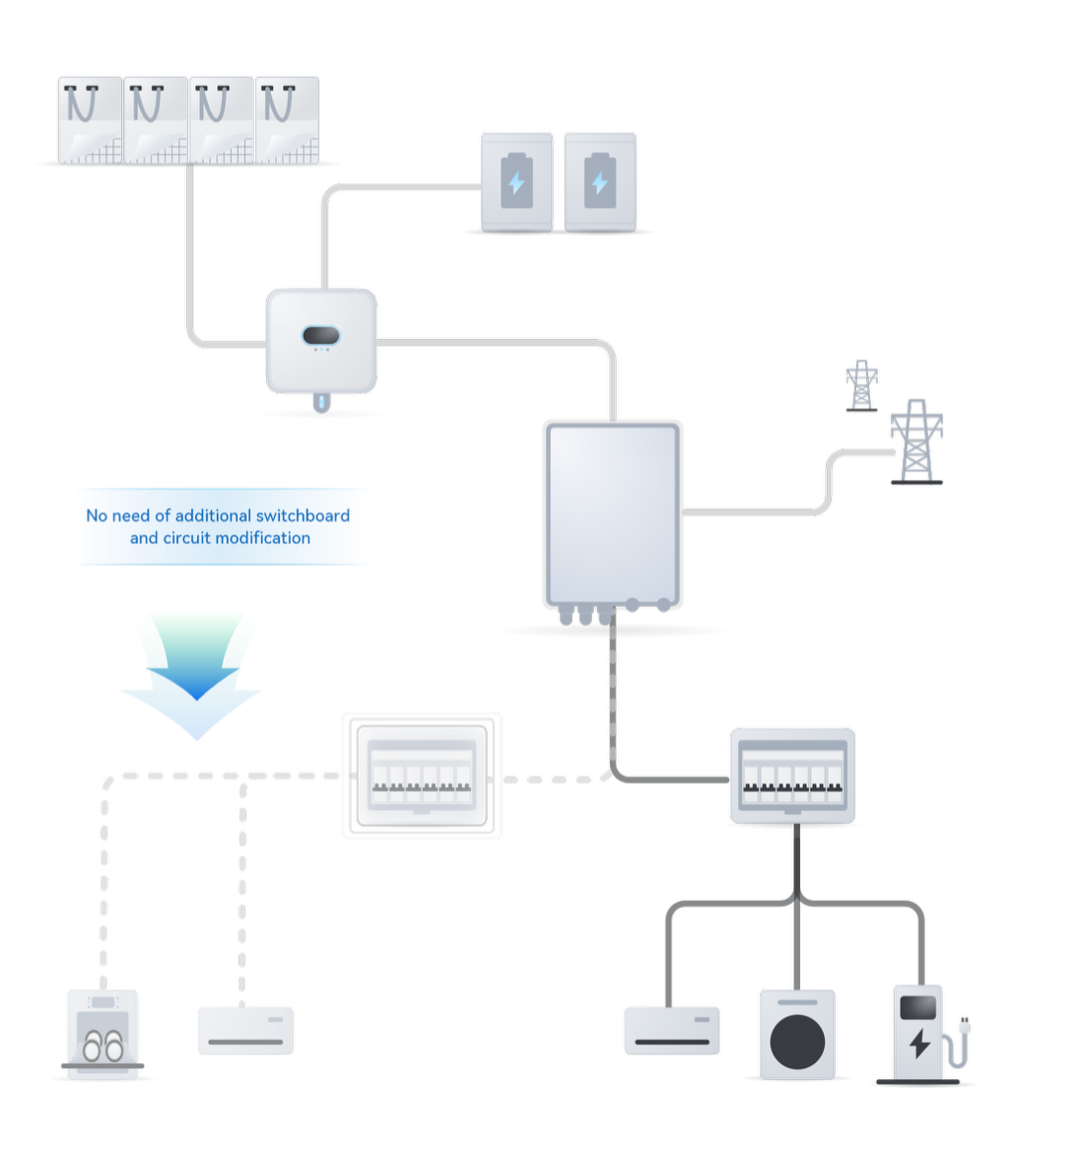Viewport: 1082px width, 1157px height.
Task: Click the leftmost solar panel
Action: tap(90, 120)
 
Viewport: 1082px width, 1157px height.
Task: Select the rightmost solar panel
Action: tap(287, 120)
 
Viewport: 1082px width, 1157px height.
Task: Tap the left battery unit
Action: tap(516, 182)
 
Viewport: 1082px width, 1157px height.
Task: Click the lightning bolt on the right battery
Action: tap(599, 182)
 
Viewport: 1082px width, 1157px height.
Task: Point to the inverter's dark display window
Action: tap(320, 336)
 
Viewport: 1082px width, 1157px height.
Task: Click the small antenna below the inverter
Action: tap(321, 402)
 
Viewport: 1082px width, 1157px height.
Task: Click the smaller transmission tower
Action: tap(861, 385)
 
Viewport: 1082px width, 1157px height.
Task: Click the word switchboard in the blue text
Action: tap(303, 515)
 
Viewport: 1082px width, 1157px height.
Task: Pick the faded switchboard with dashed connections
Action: tap(422, 776)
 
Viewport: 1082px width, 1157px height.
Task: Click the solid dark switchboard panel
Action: tap(792, 776)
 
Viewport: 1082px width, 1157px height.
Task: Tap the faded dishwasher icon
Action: tap(102, 1034)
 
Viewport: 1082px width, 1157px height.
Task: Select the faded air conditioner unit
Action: tap(245, 1030)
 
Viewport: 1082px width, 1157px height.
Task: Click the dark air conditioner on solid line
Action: tap(672, 1030)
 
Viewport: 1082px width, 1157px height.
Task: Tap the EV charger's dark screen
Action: tap(918, 1007)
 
